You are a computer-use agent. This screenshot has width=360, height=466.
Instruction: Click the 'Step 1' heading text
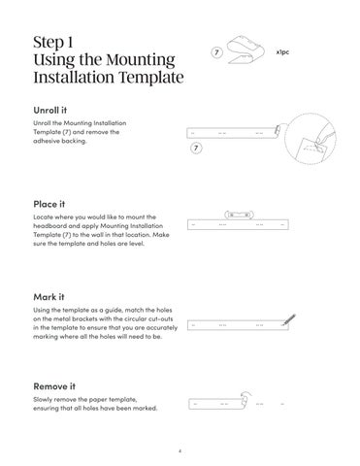click(53, 43)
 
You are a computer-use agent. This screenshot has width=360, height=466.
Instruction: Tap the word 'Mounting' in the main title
click(141, 60)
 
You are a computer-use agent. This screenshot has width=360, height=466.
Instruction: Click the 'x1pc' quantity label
click(282, 51)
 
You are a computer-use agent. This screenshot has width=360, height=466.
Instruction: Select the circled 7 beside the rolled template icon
click(216, 52)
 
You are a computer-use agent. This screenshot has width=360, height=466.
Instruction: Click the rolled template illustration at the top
click(245, 50)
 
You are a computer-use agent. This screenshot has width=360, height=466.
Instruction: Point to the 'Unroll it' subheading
click(50, 111)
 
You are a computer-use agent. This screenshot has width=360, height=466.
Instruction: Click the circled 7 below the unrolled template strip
click(196, 149)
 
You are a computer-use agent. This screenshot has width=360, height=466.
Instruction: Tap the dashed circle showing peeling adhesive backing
click(311, 139)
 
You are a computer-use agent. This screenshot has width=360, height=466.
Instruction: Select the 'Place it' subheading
click(49, 204)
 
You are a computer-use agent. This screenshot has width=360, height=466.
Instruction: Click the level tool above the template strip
click(239, 215)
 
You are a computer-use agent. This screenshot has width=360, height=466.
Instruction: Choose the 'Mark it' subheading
click(49, 297)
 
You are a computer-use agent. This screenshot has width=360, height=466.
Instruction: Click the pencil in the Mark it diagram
click(288, 319)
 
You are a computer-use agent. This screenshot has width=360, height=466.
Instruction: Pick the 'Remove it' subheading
click(54, 386)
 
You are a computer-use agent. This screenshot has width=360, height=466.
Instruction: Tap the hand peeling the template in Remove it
click(245, 399)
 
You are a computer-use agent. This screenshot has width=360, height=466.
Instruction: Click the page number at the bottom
click(180, 450)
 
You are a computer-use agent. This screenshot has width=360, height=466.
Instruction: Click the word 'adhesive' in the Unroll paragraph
click(46, 141)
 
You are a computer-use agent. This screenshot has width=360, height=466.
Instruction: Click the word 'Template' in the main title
click(151, 78)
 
